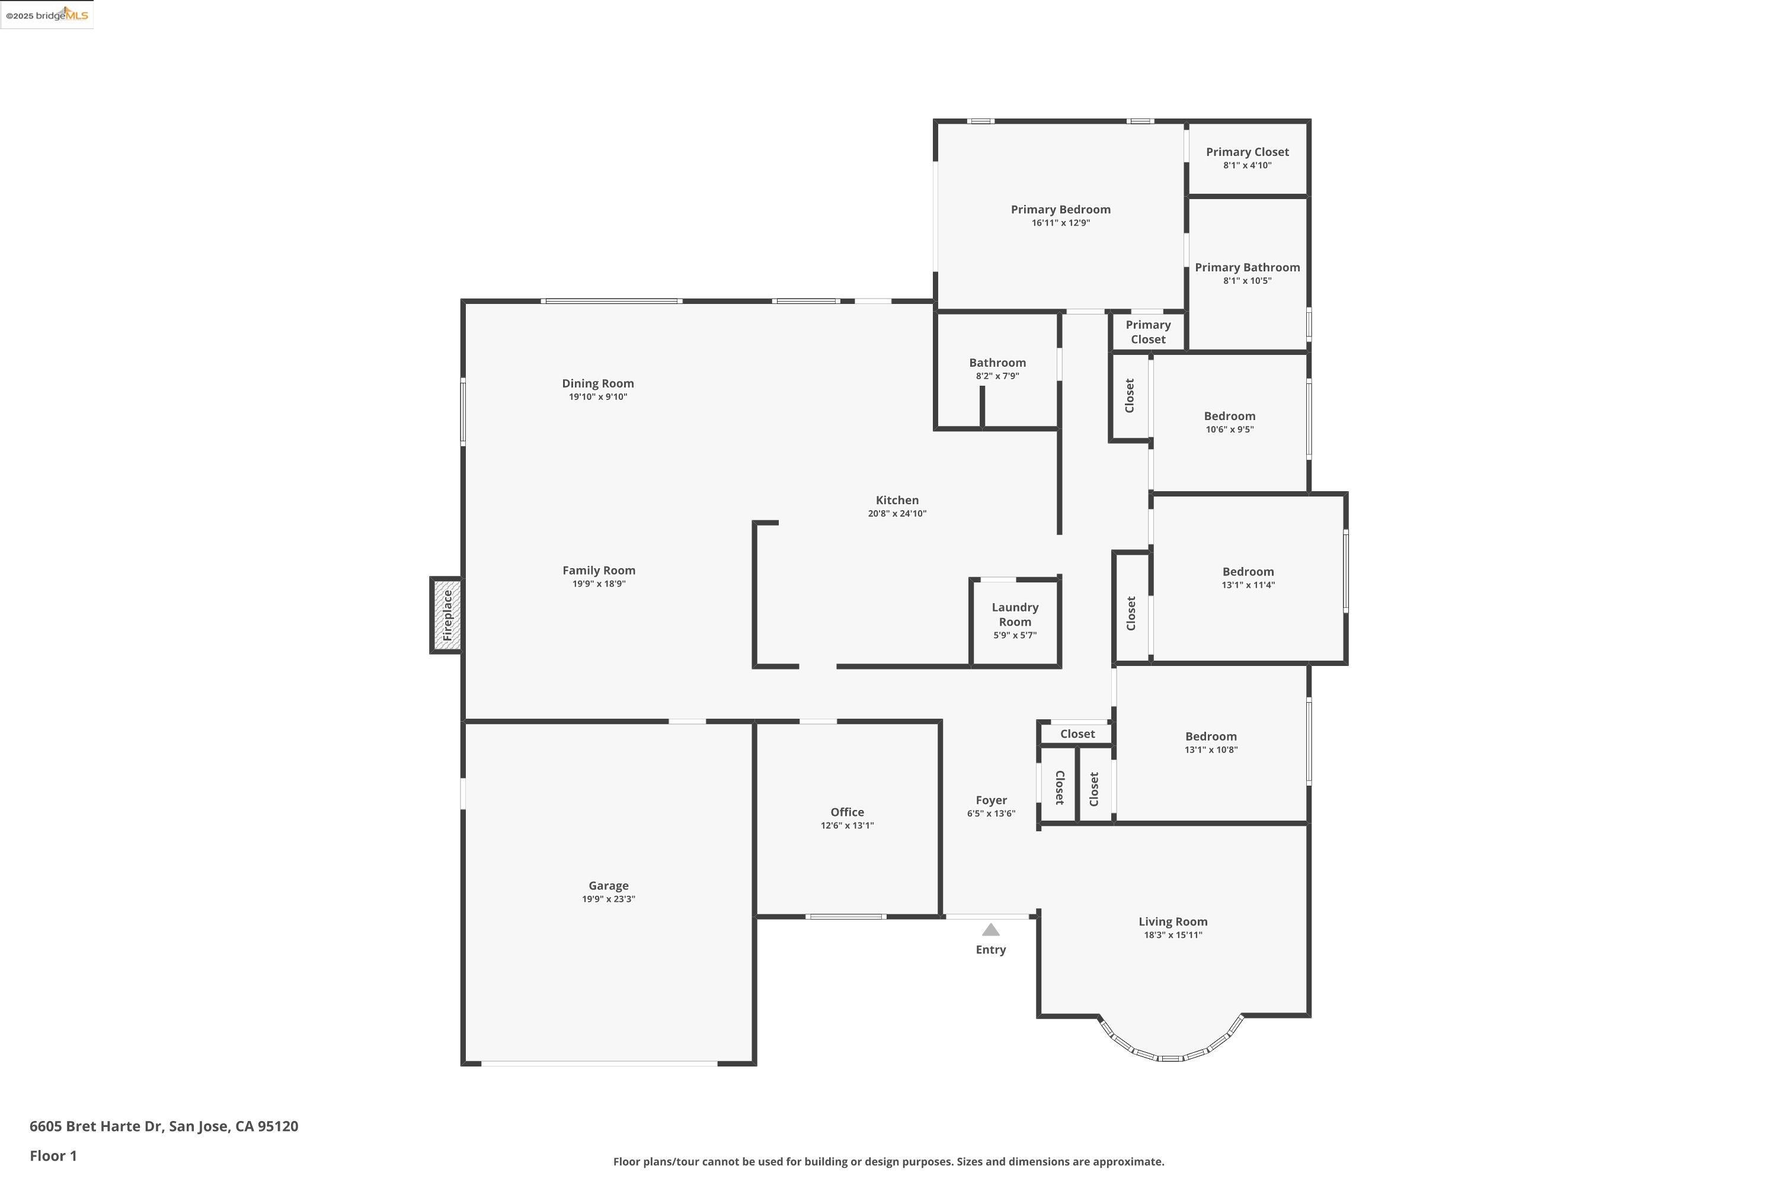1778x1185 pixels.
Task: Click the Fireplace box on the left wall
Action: [x=447, y=615]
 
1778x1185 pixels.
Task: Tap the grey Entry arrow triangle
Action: [x=990, y=930]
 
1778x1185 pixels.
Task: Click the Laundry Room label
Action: [x=1015, y=614]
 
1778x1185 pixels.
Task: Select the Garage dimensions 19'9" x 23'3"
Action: [x=608, y=899]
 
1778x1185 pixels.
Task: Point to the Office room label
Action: [x=847, y=812]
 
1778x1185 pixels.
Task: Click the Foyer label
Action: [x=990, y=800]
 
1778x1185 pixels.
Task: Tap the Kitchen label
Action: [x=897, y=500]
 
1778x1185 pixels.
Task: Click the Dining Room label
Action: [x=597, y=383]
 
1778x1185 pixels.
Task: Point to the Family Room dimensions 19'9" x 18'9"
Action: [x=598, y=584]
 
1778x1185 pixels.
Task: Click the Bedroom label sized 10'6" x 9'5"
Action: [x=1229, y=417]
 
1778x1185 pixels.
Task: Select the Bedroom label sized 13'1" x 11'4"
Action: [x=1248, y=572]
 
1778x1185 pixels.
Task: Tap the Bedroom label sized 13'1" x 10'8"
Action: [x=1210, y=737]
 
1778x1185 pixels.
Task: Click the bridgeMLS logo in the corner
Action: [x=47, y=15]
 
